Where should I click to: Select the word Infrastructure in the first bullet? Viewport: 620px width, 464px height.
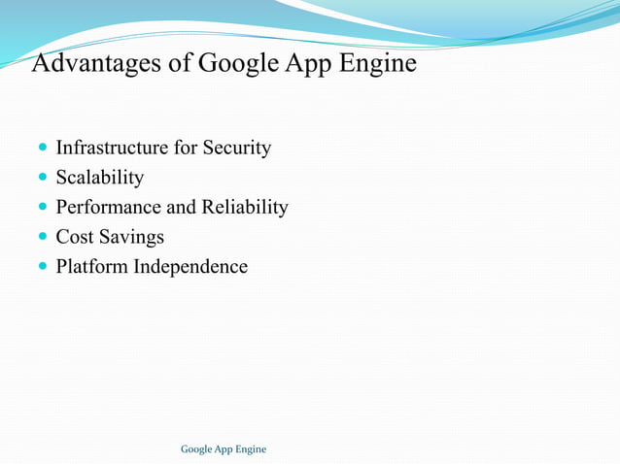coord(111,149)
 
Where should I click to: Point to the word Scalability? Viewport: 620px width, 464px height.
coord(100,178)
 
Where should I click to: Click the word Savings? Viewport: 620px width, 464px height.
coord(131,237)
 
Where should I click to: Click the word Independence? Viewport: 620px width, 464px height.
coord(190,266)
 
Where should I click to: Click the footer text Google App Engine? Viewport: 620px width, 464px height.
coord(224,448)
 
